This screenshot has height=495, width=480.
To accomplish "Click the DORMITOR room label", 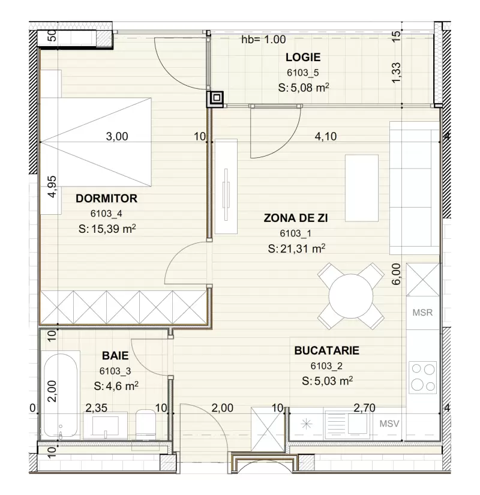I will pos(107,198).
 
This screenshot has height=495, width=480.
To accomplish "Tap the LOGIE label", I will pos(302,58).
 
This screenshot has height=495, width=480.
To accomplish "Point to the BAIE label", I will pos(110,356).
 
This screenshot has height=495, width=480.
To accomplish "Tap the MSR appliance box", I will pos(422,313).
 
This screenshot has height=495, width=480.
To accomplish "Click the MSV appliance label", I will pos(389,423).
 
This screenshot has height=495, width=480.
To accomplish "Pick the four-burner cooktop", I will pos(422,377).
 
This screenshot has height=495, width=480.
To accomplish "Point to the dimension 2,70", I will pos(364,409).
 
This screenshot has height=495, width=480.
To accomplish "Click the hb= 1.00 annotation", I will pos(263,40).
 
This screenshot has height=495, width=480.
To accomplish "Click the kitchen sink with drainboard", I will pos(348,423).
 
